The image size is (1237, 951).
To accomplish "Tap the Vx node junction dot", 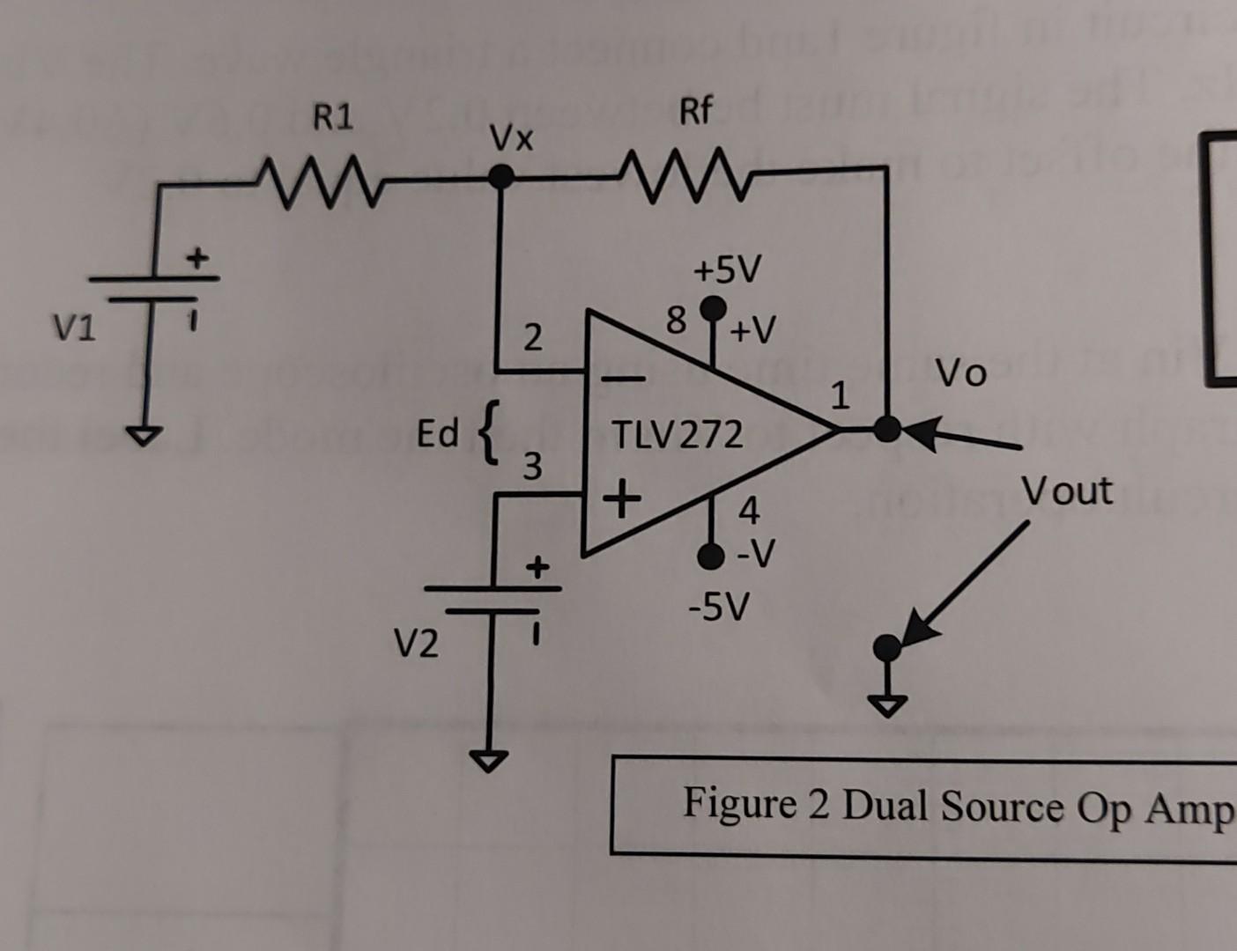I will (x=500, y=178).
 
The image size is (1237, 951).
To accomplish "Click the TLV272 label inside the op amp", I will (x=678, y=435).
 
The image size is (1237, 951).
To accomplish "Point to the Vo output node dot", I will (x=887, y=429).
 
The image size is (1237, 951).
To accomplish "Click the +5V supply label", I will (x=725, y=270).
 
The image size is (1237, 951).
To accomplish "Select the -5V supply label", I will (x=719, y=606).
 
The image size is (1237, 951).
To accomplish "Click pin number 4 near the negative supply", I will (x=748, y=510).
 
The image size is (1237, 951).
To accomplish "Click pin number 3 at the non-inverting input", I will (x=533, y=466).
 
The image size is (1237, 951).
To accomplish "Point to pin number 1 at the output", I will (x=841, y=396).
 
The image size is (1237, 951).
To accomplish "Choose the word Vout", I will (x=1066, y=490).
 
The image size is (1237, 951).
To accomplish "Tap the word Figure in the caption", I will (x=738, y=803).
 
